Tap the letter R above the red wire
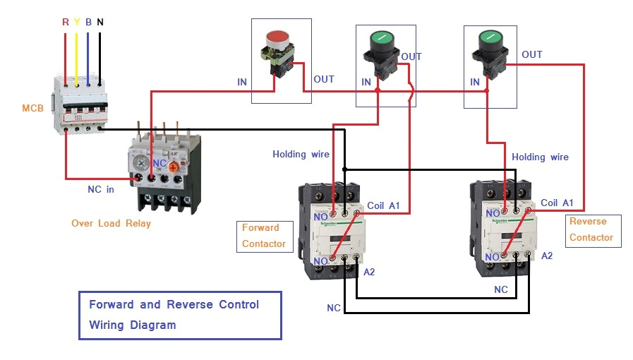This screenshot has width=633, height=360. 66,22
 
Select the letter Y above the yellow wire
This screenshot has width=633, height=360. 77,22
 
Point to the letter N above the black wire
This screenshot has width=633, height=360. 100,22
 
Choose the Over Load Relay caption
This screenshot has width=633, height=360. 111,224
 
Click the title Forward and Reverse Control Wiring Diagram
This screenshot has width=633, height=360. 179,315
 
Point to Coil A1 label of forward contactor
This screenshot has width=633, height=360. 383,205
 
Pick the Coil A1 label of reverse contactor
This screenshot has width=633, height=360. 557,203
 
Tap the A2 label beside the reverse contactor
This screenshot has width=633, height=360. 546,256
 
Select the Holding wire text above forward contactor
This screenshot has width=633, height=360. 301,154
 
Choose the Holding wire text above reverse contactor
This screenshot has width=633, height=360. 540,157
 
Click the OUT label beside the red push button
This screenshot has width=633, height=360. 324,79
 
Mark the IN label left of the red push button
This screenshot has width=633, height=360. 242,82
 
